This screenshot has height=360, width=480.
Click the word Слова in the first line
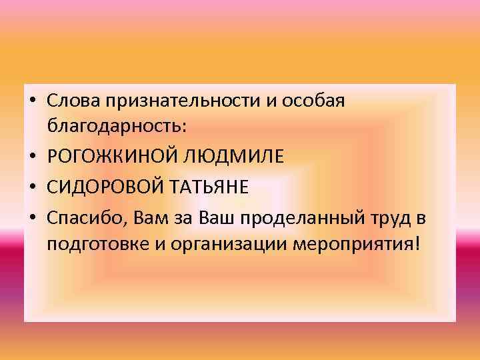pyautogui.click(x=71, y=100)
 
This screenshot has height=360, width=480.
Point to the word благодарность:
pyautogui.click(x=118, y=124)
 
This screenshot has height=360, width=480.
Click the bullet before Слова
pyautogui.click(x=32, y=101)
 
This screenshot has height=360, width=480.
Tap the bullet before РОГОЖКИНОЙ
pyautogui.click(x=32, y=156)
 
